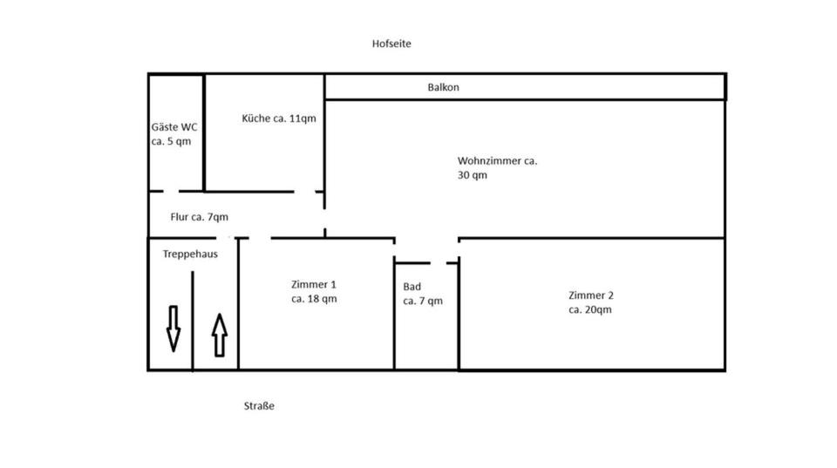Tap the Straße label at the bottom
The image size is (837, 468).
[x=259, y=406]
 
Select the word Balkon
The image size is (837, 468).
[x=443, y=87]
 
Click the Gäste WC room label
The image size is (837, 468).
[x=174, y=126]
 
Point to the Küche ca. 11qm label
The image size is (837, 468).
[x=278, y=118]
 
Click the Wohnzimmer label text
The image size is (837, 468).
[x=497, y=160]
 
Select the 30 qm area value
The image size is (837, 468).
[x=473, y=175]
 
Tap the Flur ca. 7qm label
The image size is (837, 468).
[x=199, y=217]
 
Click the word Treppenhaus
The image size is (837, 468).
[x=190, y=254]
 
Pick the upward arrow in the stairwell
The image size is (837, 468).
[x=219, y=335]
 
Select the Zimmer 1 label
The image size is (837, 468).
[x=314, y=284]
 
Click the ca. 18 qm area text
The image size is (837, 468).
[x=314, y=299]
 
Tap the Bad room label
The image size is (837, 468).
[x=412, y=287]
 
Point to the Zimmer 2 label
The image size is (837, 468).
[x=590, y=295]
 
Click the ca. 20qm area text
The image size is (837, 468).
[x=589, y=309]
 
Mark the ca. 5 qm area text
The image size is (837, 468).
[x=171, y=140]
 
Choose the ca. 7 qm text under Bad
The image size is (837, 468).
[x=423, y=302]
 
